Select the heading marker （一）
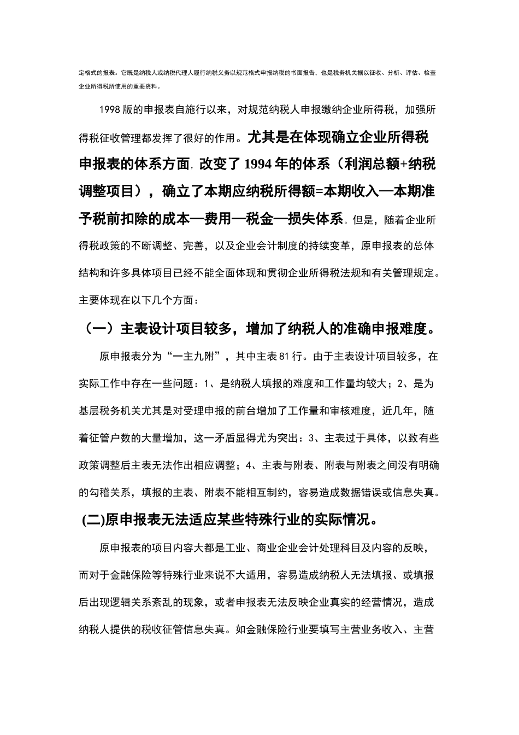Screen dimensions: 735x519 (x=99, y=329)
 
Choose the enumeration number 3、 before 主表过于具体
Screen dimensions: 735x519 (x=314, y=437)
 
